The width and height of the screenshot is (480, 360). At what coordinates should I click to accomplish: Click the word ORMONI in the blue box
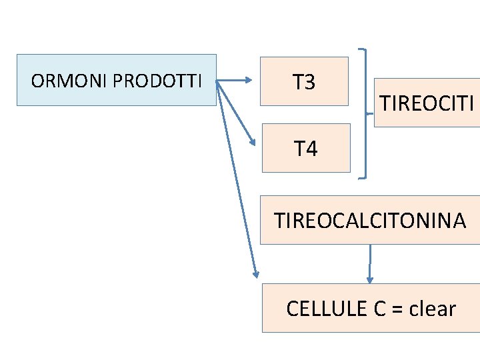69,81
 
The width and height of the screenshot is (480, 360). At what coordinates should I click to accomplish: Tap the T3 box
304,82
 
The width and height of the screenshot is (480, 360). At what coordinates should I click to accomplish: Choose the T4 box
306,148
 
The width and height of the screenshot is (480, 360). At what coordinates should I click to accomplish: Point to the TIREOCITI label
427,103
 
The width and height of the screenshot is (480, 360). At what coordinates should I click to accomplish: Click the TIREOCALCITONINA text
370,220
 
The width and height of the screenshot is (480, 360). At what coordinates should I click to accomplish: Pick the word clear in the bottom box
433,309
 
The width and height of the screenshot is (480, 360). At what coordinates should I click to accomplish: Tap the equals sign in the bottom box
399,309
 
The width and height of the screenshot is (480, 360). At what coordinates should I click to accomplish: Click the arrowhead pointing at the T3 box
248,81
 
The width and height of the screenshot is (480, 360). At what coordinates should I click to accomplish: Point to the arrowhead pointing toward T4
252,141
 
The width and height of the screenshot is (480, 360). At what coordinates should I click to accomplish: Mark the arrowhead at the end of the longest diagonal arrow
255,273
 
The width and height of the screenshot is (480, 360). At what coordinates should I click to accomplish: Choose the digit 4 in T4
311,148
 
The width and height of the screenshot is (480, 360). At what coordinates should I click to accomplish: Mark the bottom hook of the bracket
361,178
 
